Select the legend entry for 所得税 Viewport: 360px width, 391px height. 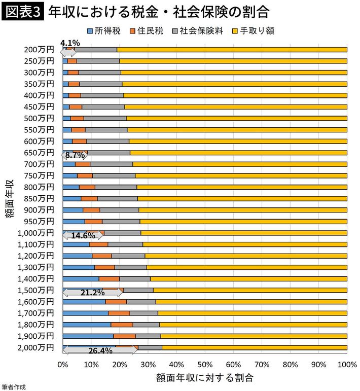click(x=103, y=31)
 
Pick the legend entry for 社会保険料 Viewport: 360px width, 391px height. click(x=195, y=31)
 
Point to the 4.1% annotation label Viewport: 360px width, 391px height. click(x=69, y=43)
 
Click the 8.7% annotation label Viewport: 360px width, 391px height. click(x=75, y=156)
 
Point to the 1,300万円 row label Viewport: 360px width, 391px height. click(x=35, y=267)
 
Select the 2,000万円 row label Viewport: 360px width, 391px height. click(x=35, y=347)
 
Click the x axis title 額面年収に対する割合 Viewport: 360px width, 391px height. click(x=204, y=378)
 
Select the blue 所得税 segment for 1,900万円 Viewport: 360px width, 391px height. click(x=88, y=336)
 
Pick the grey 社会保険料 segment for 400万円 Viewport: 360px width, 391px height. click(x=102, y=95)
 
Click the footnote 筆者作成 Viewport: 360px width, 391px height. click(x=13, y=387)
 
